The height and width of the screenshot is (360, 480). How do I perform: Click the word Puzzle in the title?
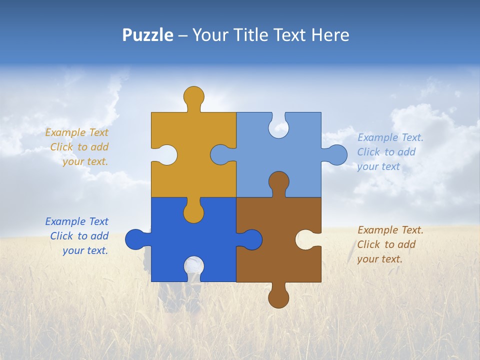pos(147,35)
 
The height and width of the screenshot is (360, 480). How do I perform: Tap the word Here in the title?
pos(330,35)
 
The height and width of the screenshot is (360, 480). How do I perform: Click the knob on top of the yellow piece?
pos(193,96)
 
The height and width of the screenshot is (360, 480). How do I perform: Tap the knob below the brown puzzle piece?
pos(278,297)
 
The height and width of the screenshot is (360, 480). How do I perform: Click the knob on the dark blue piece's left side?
pos(136,239)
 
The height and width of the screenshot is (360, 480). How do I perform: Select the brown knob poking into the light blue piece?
pos(278,182)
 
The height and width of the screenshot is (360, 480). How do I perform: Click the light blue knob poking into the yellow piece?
pos(221,155)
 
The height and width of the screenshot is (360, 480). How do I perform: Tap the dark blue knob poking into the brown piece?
pos(251,239)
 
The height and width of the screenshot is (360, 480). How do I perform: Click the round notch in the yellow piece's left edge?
pos(166,155)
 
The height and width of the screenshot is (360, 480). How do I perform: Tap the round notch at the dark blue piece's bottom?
pos(193,267)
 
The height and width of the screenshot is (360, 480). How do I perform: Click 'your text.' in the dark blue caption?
pos(85,250)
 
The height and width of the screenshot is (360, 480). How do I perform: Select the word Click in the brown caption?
pos(368,244)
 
